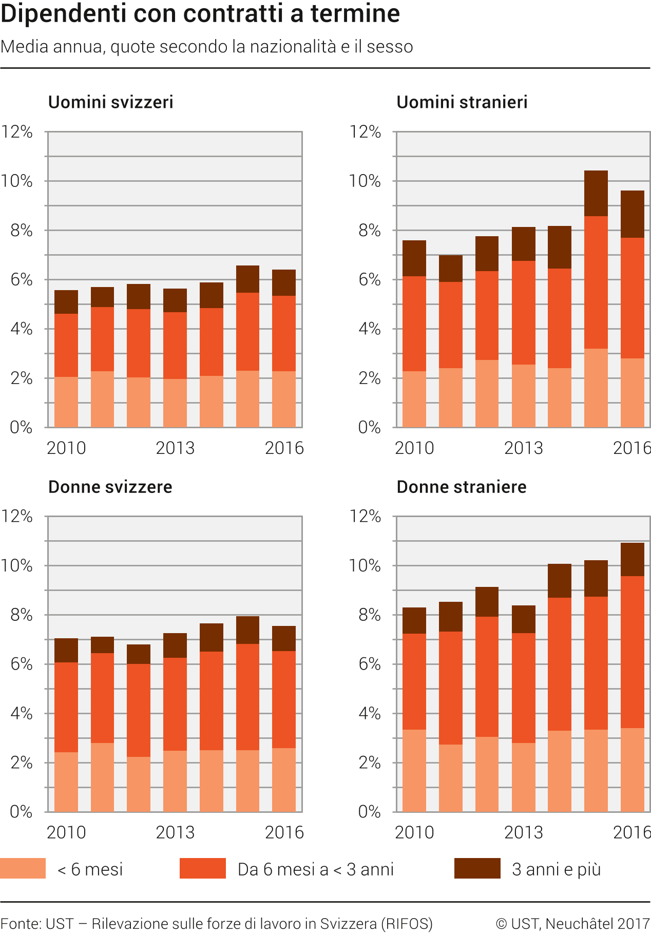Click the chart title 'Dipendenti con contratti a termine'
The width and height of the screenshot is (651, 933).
200,14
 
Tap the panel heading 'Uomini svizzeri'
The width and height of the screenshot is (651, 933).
110,102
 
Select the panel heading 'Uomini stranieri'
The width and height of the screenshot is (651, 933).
462,102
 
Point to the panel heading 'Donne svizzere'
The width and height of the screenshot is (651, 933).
110,487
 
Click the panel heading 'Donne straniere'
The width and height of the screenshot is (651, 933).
462,487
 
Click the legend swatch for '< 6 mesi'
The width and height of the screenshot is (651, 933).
23,868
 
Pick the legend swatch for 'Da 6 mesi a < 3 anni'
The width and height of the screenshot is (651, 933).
202,868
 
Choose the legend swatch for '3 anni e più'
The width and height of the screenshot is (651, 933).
477,868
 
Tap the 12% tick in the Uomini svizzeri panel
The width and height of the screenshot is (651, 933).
17,132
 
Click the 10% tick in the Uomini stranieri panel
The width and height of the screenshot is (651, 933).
365,181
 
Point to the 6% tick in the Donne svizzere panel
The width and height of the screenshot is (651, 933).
22,664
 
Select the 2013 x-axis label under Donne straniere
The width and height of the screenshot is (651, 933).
523,832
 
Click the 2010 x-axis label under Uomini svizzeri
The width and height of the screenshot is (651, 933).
66,448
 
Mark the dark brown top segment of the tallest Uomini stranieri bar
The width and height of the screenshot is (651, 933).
596,193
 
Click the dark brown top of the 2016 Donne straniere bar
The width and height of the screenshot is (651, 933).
633,559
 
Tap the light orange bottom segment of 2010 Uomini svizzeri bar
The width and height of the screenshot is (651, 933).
66,402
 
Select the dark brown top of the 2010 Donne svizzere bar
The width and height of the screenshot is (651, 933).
66,650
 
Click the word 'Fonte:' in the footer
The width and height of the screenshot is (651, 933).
21,924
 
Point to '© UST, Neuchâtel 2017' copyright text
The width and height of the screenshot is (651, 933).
573,924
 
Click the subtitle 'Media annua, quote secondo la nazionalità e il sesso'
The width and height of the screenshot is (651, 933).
207,47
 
